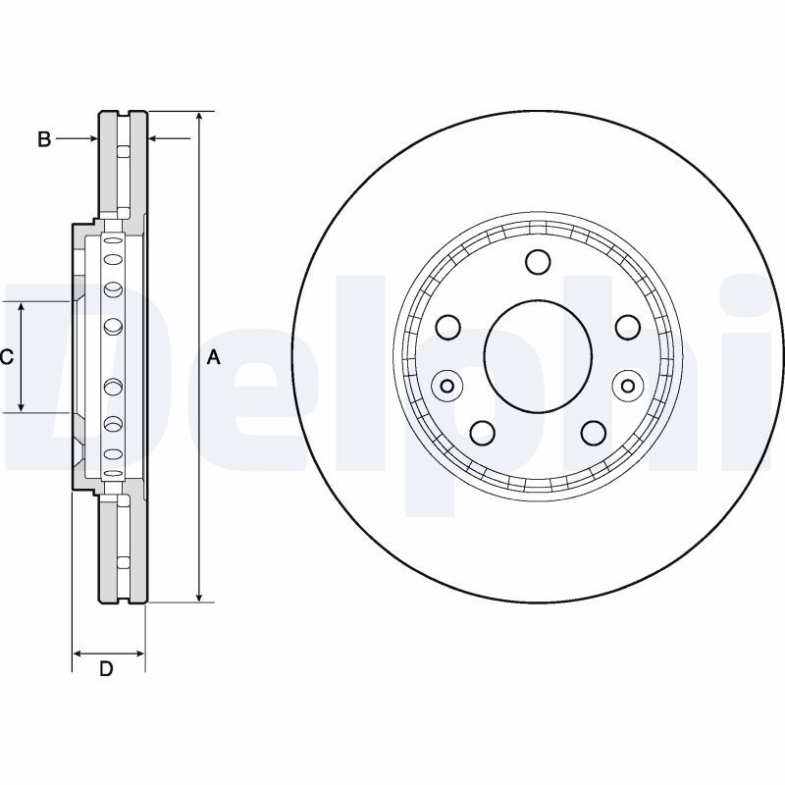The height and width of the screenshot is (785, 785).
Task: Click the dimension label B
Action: click(x=44, y=139)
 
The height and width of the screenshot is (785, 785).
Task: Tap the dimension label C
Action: click(x=6, y=358)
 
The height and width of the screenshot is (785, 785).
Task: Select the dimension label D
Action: click(x=107, y=670)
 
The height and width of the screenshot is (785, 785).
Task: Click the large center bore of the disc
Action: click(x=538, y=354)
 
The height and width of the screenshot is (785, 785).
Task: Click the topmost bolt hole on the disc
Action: click(x=538, y=262)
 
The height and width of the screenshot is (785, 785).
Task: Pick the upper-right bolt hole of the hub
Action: click(x=626, y=327)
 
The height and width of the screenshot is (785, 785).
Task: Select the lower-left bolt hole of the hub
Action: click(x=483, y=432)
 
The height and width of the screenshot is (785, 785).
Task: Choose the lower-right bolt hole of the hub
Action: click(x=593, y=432)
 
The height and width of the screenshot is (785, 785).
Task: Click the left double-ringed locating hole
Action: click(x=447, y=386)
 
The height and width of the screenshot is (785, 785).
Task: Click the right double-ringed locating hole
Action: click(x=628, y=386)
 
